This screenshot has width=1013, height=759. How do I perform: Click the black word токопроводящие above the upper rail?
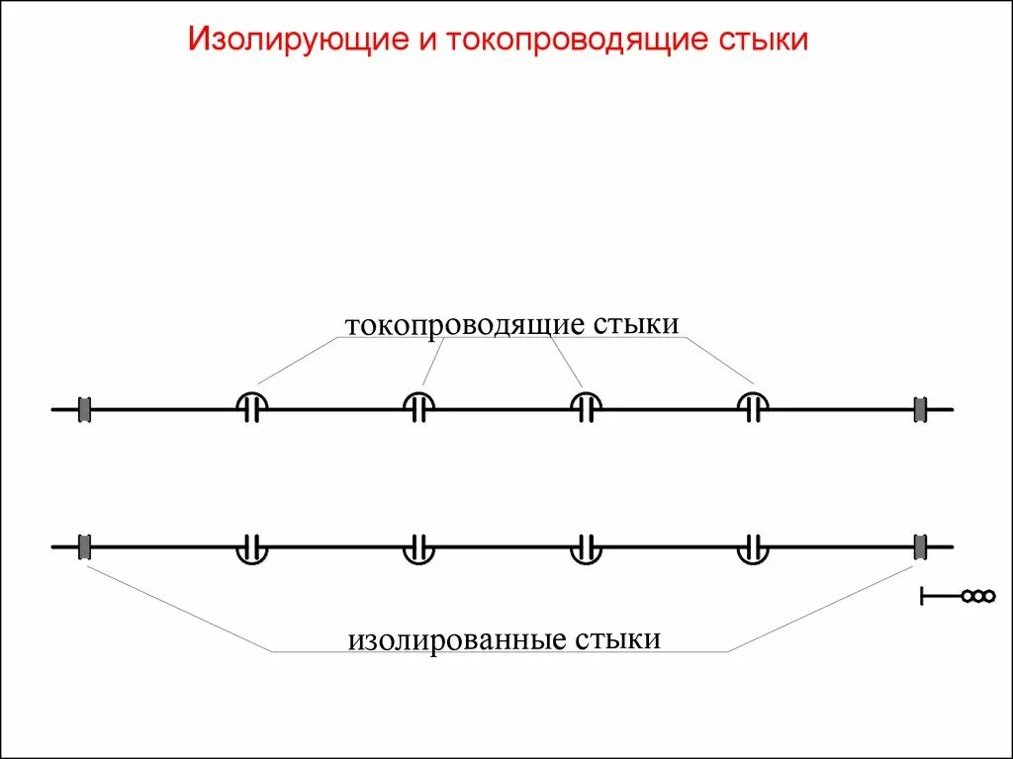coord(465,326)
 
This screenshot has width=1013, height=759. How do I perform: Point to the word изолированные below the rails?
coord(456,639)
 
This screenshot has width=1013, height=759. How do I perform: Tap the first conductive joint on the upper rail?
coord(252,407)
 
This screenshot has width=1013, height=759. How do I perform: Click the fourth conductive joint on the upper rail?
coord(755,407)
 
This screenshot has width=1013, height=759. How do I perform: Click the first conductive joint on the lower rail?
coord(252,548)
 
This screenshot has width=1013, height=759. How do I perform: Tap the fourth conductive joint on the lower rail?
coord(755,548)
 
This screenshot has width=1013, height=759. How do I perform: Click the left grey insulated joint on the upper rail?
coord(85,408)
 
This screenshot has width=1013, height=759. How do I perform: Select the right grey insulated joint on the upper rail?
coord(921,408)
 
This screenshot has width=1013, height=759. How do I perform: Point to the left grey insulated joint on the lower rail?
coord(85,546)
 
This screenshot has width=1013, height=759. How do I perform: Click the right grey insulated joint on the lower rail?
coord(921,546)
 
